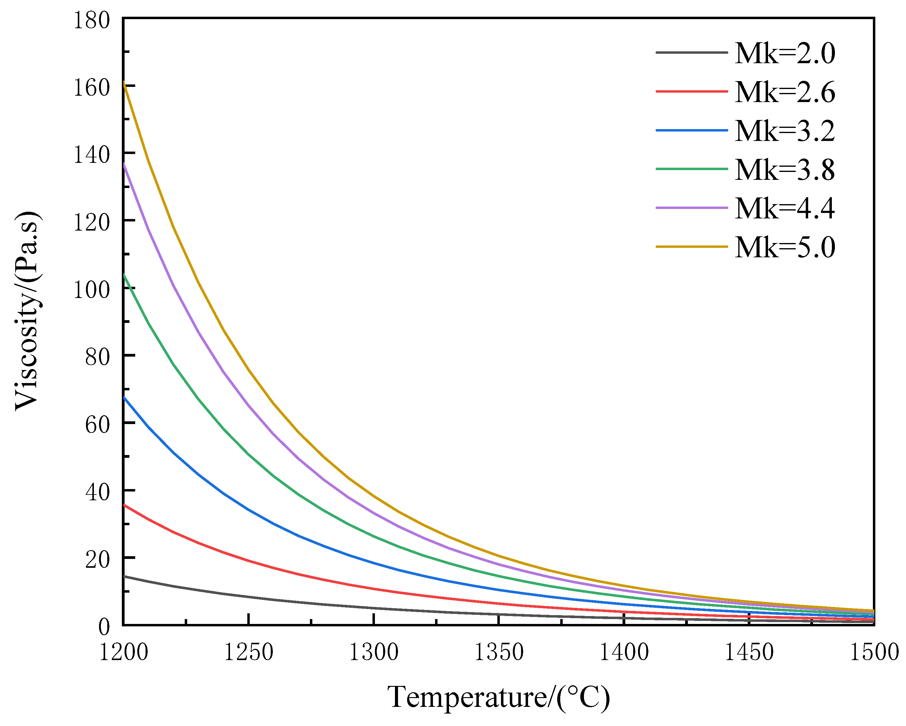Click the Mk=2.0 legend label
[785, 54]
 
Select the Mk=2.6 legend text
[785, 92]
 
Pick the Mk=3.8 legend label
[785, 170]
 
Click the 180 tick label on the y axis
[92, 20]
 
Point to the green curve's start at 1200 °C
[124, 275]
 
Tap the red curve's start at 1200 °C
[124, 505]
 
